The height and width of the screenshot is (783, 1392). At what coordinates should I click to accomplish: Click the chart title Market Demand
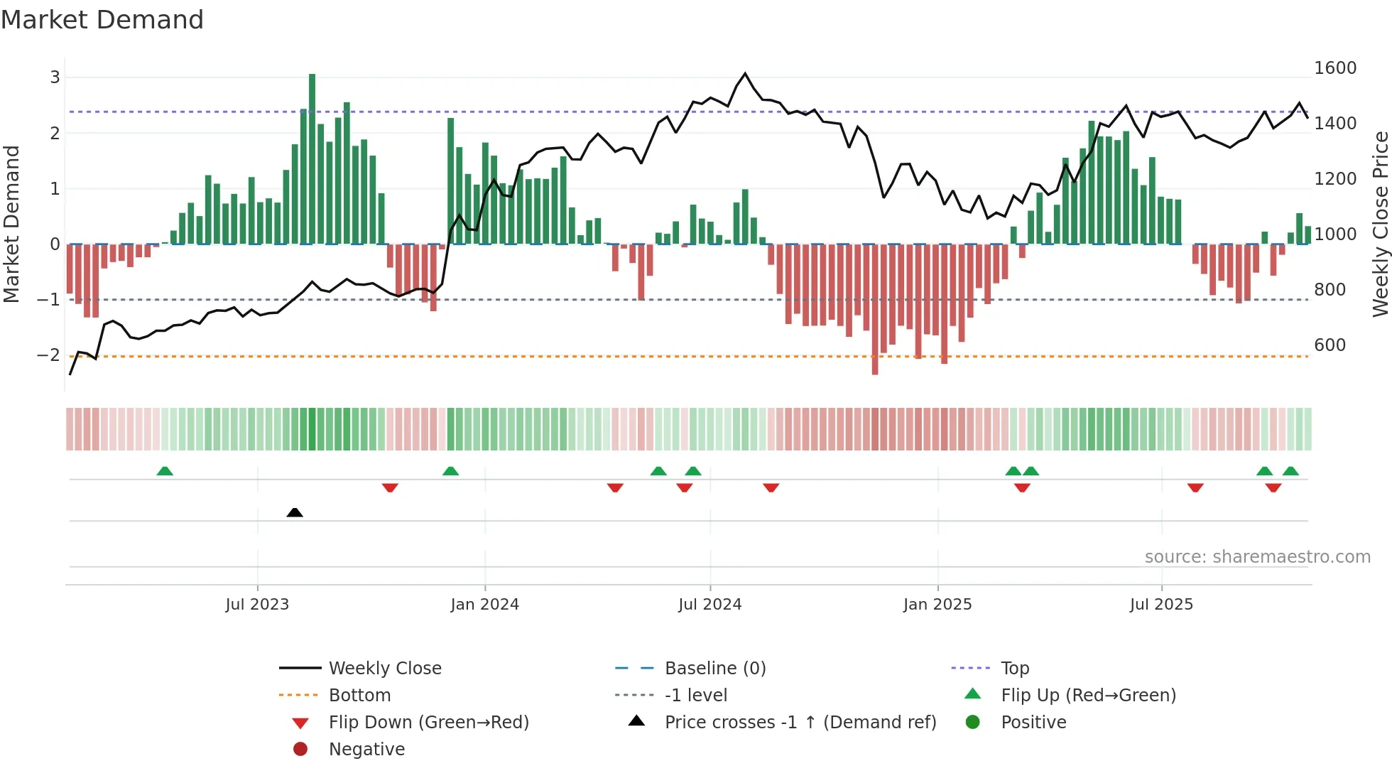click(102, 20)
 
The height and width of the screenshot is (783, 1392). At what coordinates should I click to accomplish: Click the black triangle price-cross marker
click(295, 512)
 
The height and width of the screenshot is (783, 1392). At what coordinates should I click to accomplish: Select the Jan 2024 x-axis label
click(485, 605)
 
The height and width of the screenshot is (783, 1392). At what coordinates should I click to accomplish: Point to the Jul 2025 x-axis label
click(1161, 605)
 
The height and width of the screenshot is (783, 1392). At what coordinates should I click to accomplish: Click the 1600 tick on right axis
click(1335, 68)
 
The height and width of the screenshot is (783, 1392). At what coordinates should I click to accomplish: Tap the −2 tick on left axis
click(48, 355)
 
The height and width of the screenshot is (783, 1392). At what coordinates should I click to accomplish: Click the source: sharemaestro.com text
click(1257, 557)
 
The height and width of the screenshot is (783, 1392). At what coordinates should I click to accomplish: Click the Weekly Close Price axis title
click(1380, 224)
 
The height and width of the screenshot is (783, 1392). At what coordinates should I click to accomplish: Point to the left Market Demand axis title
click(12, 224)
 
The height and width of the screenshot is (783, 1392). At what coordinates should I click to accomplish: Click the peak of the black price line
click(745, 73)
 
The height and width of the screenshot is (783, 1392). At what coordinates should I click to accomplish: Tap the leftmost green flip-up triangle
click(165, 471)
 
